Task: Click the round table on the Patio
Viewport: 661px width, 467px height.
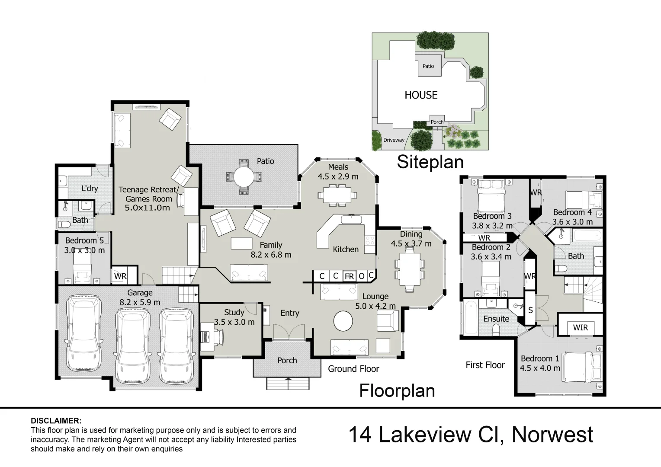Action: point(244,176)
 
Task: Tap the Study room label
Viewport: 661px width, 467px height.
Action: point(234,312)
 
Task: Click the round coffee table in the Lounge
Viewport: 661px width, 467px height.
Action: point(343,321)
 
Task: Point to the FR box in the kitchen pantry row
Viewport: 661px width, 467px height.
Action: point(349,276)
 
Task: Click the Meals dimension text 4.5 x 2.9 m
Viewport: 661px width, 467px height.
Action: point(338,176)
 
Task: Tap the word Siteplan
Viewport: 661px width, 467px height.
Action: point(430,162)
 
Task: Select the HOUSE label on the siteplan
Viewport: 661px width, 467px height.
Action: point(421,95)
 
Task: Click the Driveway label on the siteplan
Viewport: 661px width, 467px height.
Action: point(394,140)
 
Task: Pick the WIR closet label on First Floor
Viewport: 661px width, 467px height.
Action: point(580,327)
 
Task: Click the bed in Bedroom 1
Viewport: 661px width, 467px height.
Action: point(582,367)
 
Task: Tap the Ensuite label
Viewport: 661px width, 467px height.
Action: point(496,319)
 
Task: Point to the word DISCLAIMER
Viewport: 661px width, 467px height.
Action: point(56,421)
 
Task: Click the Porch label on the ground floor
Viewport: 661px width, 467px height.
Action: point(287,360)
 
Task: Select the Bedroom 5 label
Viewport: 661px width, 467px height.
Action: point(84,240)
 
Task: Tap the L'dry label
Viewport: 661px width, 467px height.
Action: point(90,189)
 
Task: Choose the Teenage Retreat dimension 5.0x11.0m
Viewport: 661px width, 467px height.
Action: point(147,208)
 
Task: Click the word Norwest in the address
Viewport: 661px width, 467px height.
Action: point(552,435)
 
